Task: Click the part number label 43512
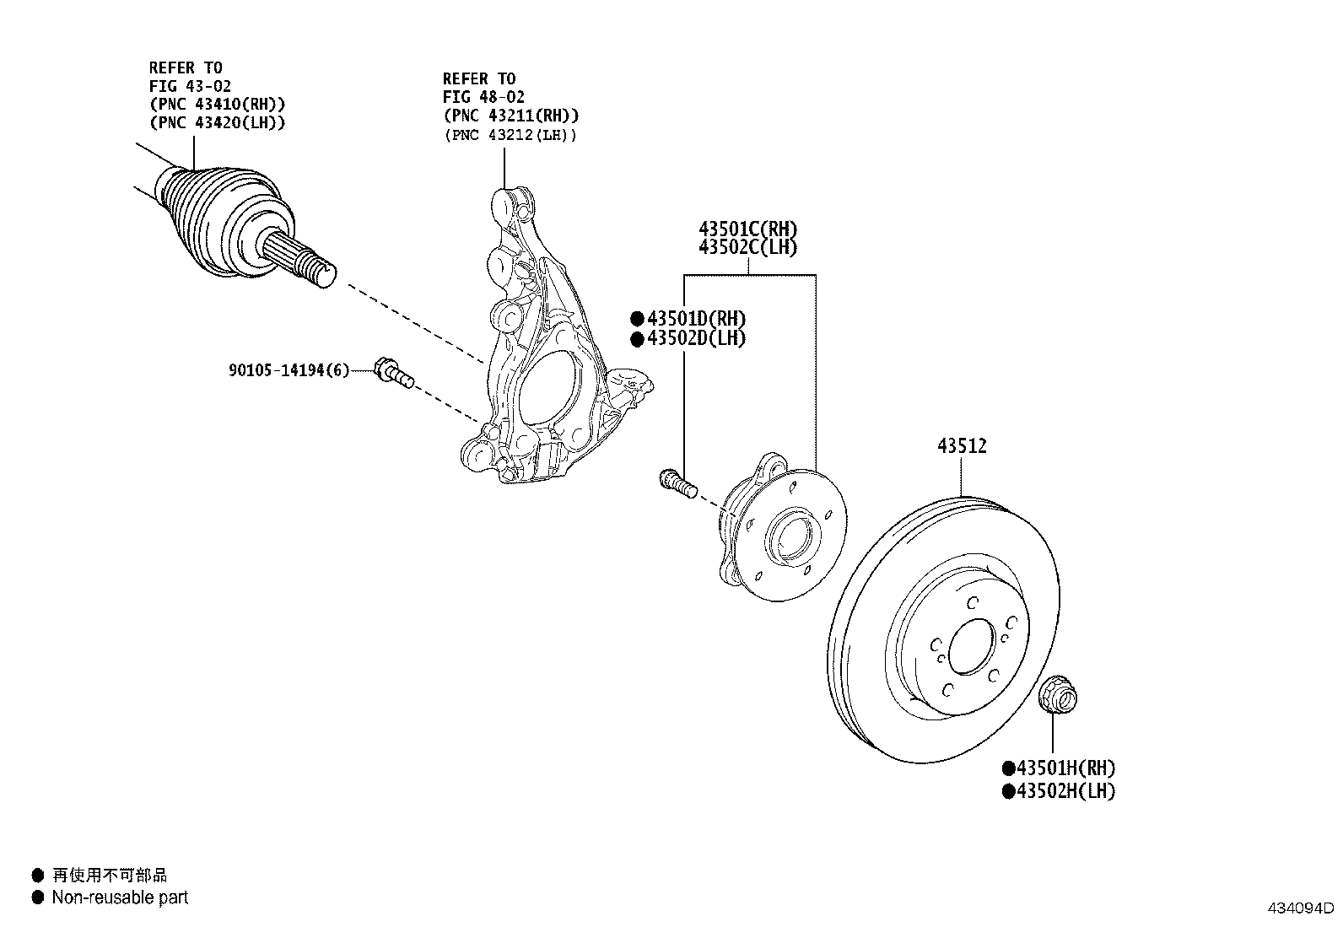(x=962, y=446)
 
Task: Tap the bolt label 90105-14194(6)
(x=288, y=370)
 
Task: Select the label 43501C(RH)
(x=747, y=229)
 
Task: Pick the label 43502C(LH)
(x=747, y=247)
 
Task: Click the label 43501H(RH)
(x=1065, y=768)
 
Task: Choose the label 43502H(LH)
(x=1065, y=791)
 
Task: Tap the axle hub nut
(x=1054, y=694)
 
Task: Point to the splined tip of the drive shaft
(x=304, y=259)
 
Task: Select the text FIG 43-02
(x=190, y=86)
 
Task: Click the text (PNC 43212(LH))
(x=511, y=135)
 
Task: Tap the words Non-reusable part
(x=120, y=897)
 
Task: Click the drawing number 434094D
(x=1298, y=909)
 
